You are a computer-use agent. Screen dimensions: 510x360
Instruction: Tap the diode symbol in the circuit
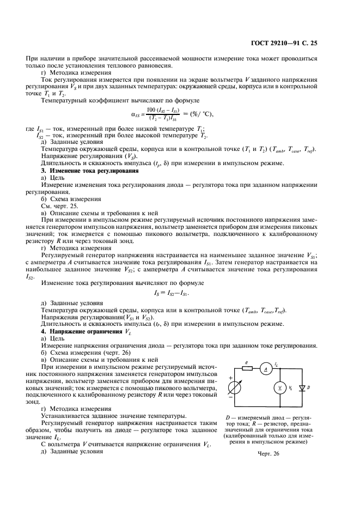tap(301, 387)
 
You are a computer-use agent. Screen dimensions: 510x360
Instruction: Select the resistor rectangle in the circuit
tap(247, 368)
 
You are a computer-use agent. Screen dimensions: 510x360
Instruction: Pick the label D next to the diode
tap(308, 387)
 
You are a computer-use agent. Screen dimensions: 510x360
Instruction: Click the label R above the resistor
tap(246, 361)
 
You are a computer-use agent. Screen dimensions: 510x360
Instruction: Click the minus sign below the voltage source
tap(230, 398)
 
